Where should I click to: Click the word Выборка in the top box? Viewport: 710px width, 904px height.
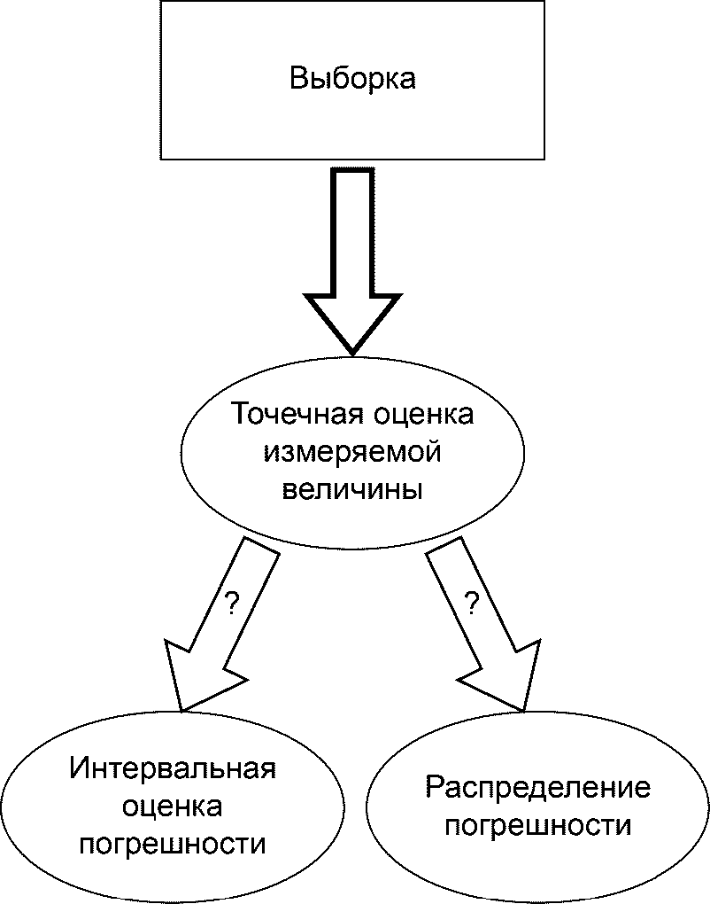(x=352, y=79)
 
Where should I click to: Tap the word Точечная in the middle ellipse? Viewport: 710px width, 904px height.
(x=297, y=414)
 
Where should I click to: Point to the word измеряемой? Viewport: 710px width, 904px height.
(x=352, y=453)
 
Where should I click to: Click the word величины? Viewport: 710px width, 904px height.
(x=352, y=491)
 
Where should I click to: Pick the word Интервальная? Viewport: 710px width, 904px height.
(x=173, y=770)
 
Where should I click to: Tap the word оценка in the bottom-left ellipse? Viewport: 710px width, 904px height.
(x=172, y=807)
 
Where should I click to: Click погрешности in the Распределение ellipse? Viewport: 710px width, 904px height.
(x=538, y=826)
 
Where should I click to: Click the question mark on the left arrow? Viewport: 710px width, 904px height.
(x=231, y=603)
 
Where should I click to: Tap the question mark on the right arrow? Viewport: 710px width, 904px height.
(x=472, y=603)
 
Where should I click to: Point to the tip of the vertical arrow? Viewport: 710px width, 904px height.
(x=352, y=354)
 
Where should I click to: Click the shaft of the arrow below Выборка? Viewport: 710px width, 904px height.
(x=352, y=230)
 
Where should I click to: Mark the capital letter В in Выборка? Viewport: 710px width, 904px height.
(x=299, y=78)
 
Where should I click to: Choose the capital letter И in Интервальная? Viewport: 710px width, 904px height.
(x=79, y=768)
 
